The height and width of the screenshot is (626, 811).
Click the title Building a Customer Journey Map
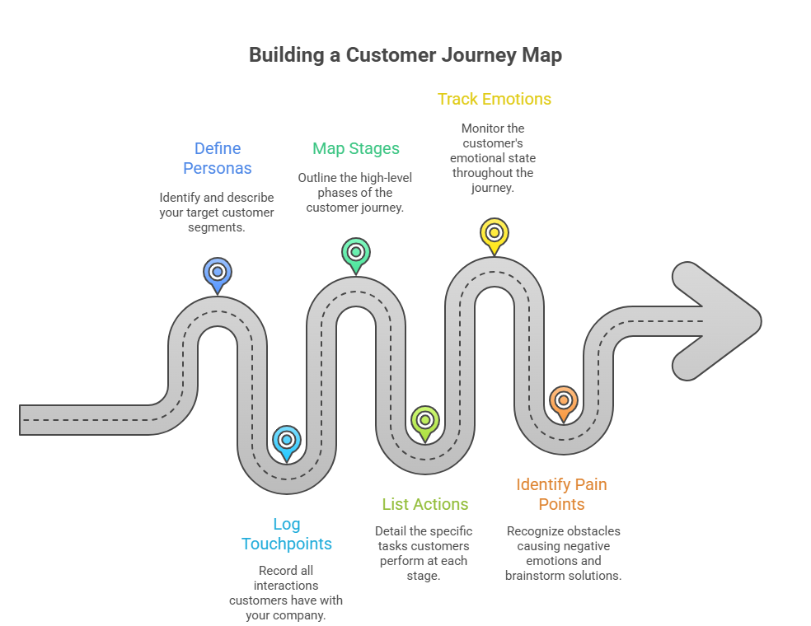[405, 55]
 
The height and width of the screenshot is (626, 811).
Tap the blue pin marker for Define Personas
[218, 273]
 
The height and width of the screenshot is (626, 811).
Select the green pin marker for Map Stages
[356, 253]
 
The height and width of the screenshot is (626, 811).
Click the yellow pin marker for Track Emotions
[494, 233]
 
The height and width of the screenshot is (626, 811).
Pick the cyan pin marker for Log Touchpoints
[286, 441]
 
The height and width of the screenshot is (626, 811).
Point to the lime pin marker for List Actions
[424, 421]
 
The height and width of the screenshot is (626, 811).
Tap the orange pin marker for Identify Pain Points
[563, 401]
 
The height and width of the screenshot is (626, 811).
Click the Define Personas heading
[218, 158]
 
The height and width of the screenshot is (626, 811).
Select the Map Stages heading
[356, 148]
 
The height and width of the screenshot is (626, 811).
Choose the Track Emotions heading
[494, 99]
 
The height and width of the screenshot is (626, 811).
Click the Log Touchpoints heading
[286, 534]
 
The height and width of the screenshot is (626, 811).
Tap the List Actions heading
[424, 504]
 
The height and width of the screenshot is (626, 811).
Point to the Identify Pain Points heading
[562, 494]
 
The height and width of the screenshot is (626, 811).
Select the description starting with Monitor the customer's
[494, 157]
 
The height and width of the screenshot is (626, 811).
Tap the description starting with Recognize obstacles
[563, 554]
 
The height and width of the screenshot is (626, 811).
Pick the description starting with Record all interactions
[286, 593]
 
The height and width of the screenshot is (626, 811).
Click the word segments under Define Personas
[217, 227]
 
